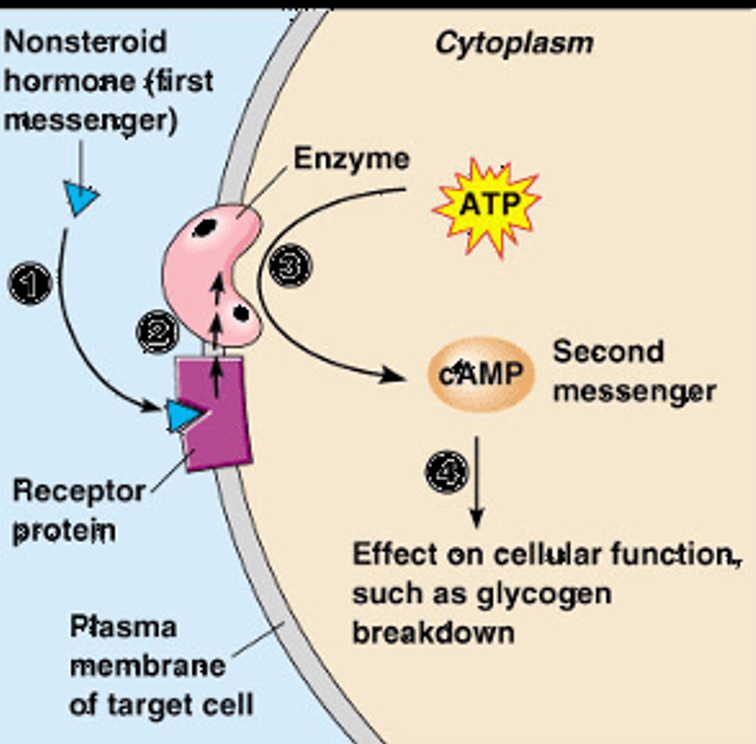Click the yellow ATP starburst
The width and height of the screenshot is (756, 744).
pos(486,205)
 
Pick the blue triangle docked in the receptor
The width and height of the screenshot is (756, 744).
pos(181,415)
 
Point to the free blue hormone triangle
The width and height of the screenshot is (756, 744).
pos(81,198)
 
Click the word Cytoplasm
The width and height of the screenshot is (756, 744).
pos(513,43)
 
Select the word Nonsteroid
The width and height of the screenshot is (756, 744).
pos(85,43)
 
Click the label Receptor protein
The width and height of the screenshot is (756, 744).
pos(77,510)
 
